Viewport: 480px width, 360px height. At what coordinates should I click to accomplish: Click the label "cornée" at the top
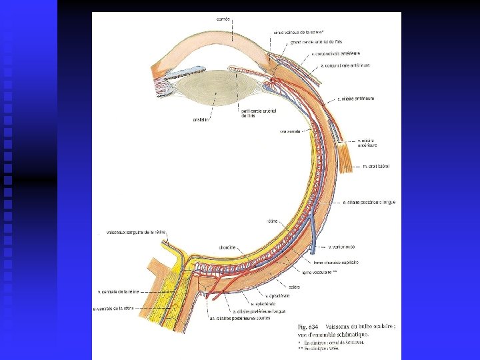tap(223, 19)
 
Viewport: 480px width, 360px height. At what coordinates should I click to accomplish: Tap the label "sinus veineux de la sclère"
tap(298, 31)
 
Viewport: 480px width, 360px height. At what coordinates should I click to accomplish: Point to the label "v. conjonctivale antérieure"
tap(336, 53)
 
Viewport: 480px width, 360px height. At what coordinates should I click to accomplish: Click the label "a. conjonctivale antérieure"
tap(345, 65)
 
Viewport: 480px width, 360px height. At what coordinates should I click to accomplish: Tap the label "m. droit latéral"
tap(376, 166)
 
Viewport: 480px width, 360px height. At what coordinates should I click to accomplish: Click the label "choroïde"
tap(226, 247)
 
